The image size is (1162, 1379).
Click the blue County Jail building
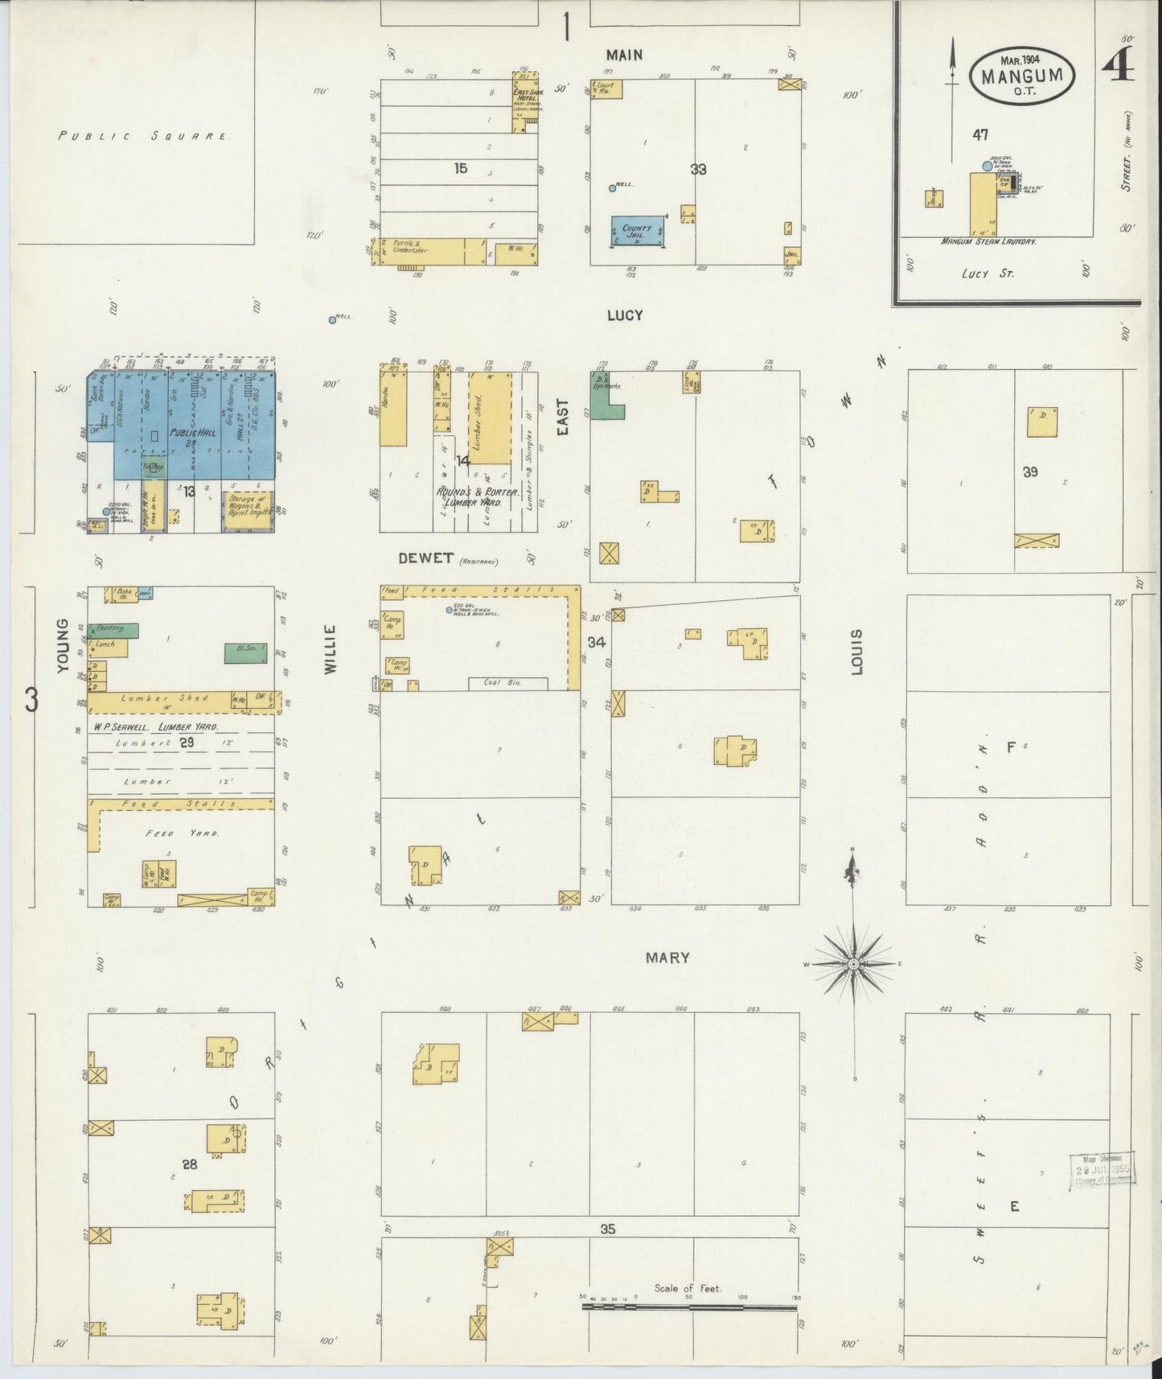[638, 230]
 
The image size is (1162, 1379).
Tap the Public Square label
[144, 136]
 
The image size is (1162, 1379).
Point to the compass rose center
[853, 963]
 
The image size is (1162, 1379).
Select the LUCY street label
[625, 315]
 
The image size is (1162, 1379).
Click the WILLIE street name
[331, 649]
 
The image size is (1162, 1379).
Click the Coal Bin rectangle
[508, 683]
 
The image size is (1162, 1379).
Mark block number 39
[1031, 472]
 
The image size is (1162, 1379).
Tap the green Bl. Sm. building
[246, 652]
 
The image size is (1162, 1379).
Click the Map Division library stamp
[1101, 1170]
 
